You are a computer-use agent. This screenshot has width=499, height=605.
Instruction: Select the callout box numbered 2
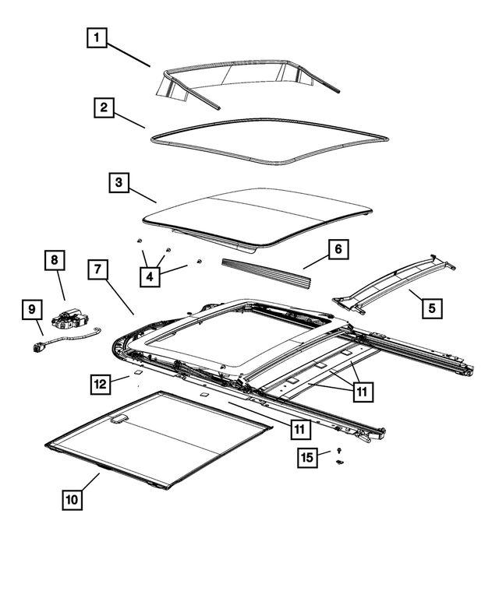click(104, 107)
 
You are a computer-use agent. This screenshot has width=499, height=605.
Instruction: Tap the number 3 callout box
click(118, 184)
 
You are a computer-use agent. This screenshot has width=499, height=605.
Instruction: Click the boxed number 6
click(338, 249)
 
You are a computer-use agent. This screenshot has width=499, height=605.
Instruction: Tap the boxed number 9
click(31, 310)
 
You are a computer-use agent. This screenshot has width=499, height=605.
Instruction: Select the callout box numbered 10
click(72, 500)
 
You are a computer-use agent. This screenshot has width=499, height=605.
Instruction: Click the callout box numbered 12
click(100, 383)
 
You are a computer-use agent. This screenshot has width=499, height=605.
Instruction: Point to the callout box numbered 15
click(307, 457)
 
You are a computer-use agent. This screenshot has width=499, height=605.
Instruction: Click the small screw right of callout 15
click(340, 452)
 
